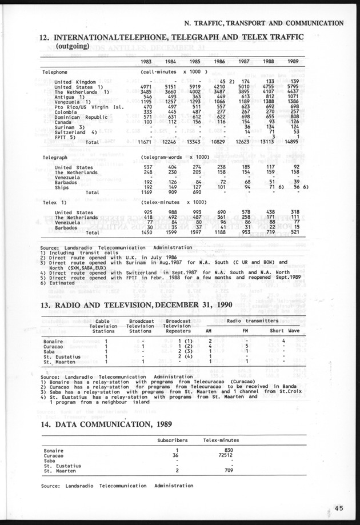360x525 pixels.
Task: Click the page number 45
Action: click(x=339, y=507)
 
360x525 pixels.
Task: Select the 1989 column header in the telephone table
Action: click(x=292, y=61)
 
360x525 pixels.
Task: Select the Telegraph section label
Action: click(x=55, y=157)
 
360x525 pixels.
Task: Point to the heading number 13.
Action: click(x=46, y=305)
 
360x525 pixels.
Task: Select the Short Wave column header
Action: click(x=285, y=331)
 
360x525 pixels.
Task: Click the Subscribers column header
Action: click(x=173, y=440)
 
